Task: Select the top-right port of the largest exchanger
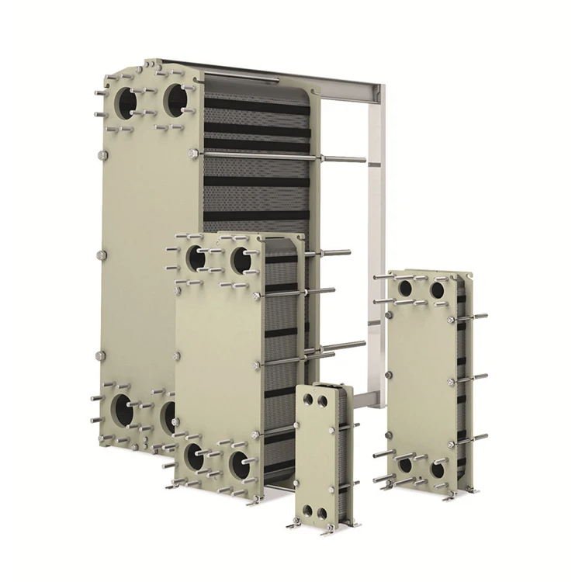coord(177,99)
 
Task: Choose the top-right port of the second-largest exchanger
coord(242,259)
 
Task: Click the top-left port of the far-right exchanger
coord(406,289)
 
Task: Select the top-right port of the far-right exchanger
coord(438,290)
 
